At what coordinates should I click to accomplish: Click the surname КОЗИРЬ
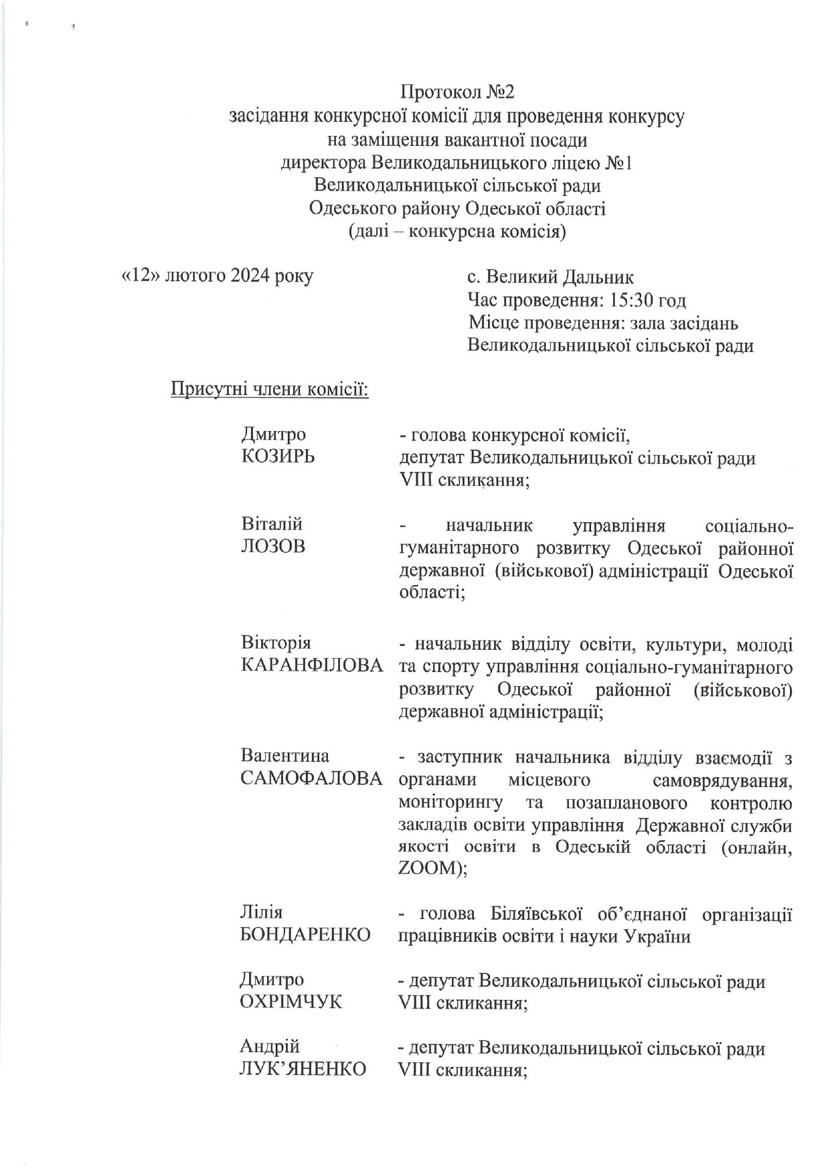pyautogui.click(x=278, y=457)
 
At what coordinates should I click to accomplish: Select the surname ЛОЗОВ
pyautogui.click(x=272, y=547)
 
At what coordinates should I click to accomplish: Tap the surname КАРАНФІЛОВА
pyautogui.click(x=312, y=666)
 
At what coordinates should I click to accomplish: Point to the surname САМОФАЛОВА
pyautogui.click(x=311, y=779)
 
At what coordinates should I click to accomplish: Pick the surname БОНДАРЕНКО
pyautogui.click(x=305, y=935)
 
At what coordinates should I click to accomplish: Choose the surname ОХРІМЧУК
pyautogui.click(x=291, y=1002)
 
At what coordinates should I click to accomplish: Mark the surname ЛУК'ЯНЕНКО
pyautogui.click(x=303, y=1069)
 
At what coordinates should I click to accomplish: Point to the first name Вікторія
pyautogui.click(x=276, y=643)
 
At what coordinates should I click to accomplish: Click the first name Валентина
pyautogui.click(x=285, y=756)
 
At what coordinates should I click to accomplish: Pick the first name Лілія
pyautogui.click(x=262, y=912)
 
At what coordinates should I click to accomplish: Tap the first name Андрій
pyautogui.click(x=270, y=1046)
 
